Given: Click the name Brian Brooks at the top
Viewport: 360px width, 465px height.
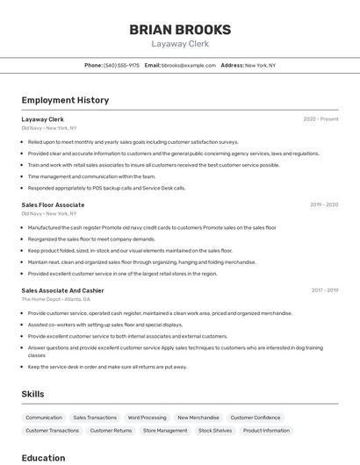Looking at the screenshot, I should [x=180, y=29].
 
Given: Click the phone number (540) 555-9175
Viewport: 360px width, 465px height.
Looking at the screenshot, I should [x=121, y=65].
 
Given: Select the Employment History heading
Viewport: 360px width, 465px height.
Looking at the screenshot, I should [x=65, y=100].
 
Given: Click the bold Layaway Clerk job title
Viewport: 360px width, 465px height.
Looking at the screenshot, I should [x=43, y=119].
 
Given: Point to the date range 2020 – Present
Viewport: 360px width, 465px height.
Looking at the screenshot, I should [x=320, y=119].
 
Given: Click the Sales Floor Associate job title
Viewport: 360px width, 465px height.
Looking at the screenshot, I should [x=53, y=204].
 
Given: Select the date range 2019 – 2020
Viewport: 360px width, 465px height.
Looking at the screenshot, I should [x=323, y=204].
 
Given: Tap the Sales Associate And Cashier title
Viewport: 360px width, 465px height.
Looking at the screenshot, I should [x=62, y=290].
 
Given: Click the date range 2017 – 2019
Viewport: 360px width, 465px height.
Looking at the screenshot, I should [x=324, y=290].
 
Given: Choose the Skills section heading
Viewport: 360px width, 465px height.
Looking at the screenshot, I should [x=32, y=395].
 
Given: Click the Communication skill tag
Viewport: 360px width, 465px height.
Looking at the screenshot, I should [x=44, y=418].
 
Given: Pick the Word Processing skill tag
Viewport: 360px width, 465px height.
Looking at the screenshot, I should [x=147, y=418].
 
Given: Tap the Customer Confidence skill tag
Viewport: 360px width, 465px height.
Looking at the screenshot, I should [x=256, y=418].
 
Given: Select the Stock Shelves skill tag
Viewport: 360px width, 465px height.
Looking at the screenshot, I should [x=215, y=431].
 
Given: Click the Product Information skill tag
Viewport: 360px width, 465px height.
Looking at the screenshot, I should [x=266, y=431].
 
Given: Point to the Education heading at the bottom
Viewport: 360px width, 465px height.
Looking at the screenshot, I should [x=43, y=457].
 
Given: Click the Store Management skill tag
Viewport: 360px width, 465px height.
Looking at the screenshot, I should [x=165, y=431].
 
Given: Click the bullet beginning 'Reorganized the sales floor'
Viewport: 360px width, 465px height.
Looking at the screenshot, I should [x=91, y=239].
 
